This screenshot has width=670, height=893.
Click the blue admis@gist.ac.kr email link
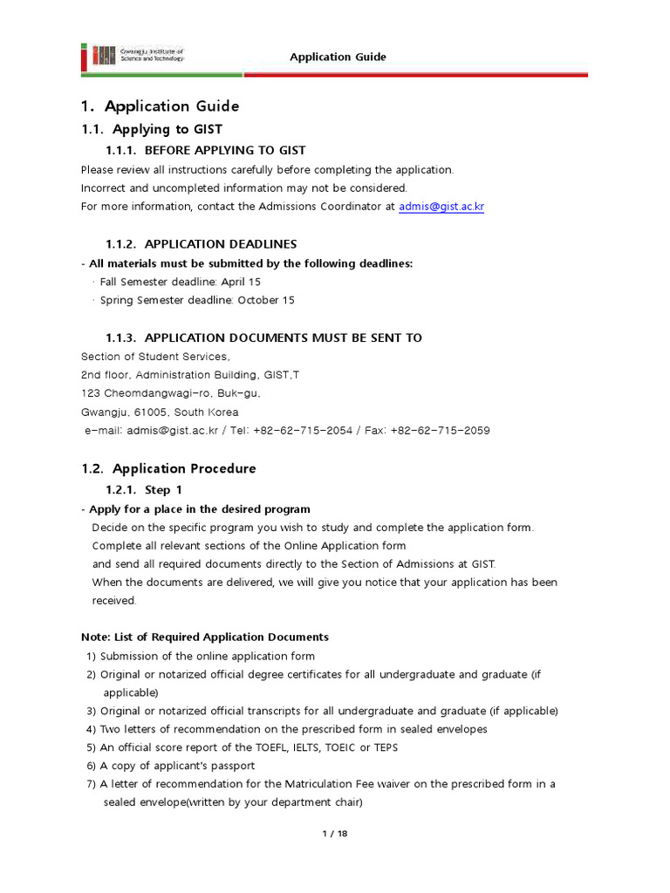(441, 207)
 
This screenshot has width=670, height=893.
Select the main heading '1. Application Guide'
(160, 106)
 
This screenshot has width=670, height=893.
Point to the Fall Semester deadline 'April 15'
(241, 282)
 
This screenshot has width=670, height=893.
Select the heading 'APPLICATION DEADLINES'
(221, 244)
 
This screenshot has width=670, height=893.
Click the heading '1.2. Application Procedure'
(168, 468)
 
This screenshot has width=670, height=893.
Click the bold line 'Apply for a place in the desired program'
(198, 509)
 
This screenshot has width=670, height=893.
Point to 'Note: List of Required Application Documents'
(205, 637)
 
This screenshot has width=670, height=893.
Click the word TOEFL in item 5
(267, 747)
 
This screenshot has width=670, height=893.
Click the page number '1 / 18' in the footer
(335, 834)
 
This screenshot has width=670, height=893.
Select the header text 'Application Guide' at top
(338, 58)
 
